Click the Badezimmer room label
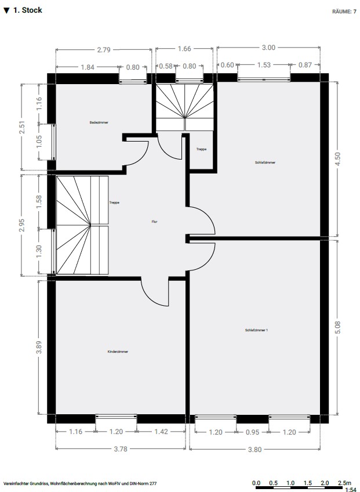coord(99,122)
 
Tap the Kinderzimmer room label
coord(118,352)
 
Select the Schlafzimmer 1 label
coord(256,330)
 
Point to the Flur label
coord(154,222)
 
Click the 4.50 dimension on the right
coord(337,159)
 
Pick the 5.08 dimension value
coord(337,327)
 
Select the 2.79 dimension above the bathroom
coord(104,49)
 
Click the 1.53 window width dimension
coord(264,64)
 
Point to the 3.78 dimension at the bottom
coord(121,449)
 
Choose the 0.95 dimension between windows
coord(252,432)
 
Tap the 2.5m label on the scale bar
coord(344,483)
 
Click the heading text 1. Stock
coord(28,10)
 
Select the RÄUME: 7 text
coord(344,12)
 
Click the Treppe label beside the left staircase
coord(114,202)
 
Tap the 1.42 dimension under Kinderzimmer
coord(162,432)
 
